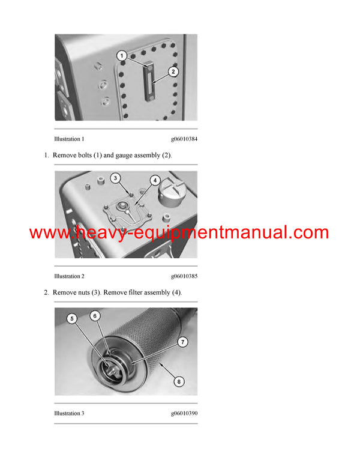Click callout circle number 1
pos(121,56)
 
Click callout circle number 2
pos(173,71)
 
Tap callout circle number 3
pos(116,178)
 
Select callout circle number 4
pos(154,180)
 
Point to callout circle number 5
pos(73,319)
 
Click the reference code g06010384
pos(184,139)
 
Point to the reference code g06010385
pos(184,276)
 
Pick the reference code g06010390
pos(184,413)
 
